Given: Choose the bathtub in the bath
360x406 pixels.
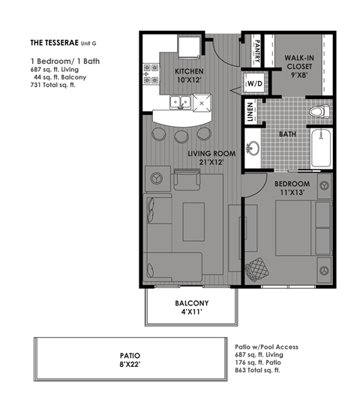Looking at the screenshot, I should (325, 148).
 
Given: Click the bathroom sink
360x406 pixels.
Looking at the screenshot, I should (253, 147).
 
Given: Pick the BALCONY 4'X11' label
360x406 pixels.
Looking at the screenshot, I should (191, 308).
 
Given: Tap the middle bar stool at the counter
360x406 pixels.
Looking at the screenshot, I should (181, 137).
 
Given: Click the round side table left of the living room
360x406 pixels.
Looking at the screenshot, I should (158, 179).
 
